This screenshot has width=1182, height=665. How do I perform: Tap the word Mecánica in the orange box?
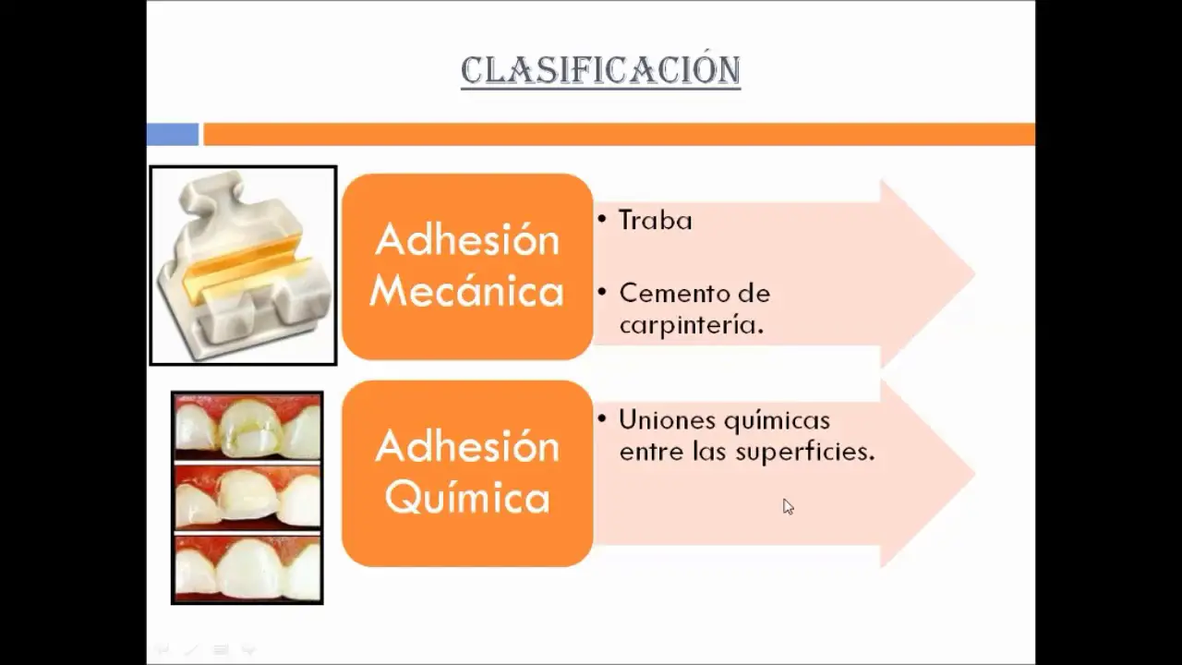click(x=467, y=291)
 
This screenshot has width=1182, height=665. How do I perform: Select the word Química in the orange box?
click(x=467, y=498)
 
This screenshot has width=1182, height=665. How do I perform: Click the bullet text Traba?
click(x=656, y=220)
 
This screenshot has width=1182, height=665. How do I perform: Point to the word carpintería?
click(x=692, y=324)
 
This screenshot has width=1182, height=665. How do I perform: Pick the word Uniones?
click(x=668, y=420)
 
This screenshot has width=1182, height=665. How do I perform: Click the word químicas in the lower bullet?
click(x=778, y=420)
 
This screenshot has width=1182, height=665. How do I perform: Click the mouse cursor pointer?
click(x=788, y=506)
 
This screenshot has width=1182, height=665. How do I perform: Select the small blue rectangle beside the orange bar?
click(x=173, y=134)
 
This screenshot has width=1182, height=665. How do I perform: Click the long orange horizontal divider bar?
click(x=620, y=134)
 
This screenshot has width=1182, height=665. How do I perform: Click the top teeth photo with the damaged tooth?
click(x=247, y=428)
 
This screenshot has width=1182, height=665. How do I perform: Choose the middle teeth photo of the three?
click(x=247, y=497)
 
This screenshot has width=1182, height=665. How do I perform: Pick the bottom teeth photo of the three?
click(x=247, y=568)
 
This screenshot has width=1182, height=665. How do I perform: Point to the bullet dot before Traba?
click(x=602, y=219)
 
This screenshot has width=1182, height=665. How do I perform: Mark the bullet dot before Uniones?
click(x=602, y=419)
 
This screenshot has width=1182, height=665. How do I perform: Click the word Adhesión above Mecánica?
click(x=467, y=240)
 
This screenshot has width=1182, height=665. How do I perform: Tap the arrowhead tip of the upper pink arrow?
click(x=974, y=273)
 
